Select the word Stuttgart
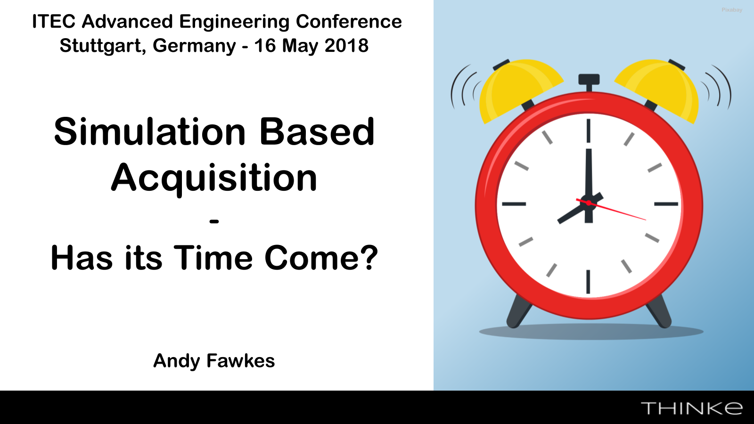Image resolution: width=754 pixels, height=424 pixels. click(x=100, y=46)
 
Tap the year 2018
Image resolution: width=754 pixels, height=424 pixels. click(x=346, y=45)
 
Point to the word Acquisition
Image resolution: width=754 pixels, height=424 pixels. click(x=214, y=178)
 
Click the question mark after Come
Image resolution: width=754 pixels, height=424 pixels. click(x=369, y=257)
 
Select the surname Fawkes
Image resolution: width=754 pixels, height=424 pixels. click(x=240, y=360)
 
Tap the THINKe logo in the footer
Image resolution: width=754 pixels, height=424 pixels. click(x=692, y=408)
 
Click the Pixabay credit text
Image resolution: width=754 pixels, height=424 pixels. click(x=732, y=10)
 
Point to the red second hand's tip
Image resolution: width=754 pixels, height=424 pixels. click(x=646, y=220)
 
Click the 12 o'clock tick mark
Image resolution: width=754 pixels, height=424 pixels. click(x=589, y=130)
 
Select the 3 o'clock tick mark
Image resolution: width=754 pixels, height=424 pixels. click(x=666, y=204)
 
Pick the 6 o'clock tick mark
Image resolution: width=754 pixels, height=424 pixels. click(x=588, y=282)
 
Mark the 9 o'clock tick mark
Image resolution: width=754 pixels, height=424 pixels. click(x=514, y=204)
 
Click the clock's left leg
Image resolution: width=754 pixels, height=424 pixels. click(x=518, y=311)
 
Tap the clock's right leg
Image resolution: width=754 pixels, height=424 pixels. click(x=659, y=311)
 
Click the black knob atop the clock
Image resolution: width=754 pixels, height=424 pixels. click(x=589, y=80)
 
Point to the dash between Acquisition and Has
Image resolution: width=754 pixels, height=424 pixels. click(x=214, y=221)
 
